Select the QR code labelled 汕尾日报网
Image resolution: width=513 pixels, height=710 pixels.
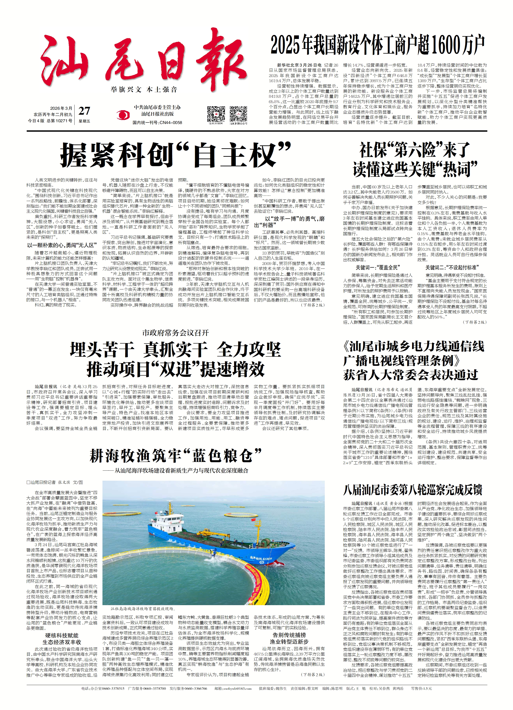216,115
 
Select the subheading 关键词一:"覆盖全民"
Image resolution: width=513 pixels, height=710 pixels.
378,268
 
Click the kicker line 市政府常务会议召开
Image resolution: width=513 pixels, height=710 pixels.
175,332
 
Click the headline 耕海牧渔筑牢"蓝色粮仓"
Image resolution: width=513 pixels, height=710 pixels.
175,456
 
